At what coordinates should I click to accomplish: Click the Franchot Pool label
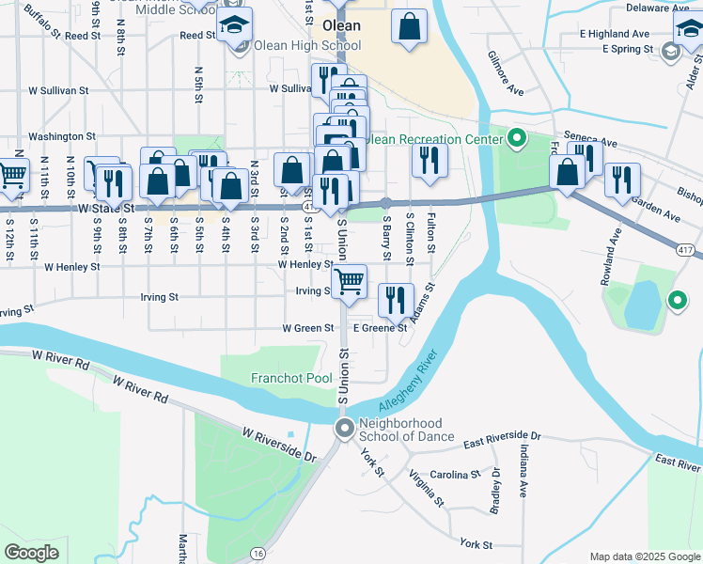coord(291,378)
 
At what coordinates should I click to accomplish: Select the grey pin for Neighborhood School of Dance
coord(345,429)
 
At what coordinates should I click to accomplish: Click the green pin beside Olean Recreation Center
coord(516,140)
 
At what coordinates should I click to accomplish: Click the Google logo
coord(31,553)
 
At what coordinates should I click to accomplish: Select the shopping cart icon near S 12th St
coord(12,175)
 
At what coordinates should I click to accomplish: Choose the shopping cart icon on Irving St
coord(349,281)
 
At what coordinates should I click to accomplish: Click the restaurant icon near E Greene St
coord(396,300)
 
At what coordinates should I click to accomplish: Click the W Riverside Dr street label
coord(279,444)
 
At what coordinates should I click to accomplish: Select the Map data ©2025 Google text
coord(644,556)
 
